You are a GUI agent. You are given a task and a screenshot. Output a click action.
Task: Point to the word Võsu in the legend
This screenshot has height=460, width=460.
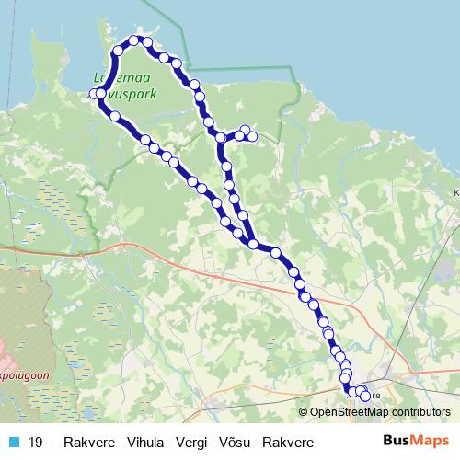(229, 443)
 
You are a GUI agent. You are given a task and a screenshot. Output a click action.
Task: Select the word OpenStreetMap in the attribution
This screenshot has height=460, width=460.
(352, 412)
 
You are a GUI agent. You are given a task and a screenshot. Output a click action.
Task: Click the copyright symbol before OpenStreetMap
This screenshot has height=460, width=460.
(305, 412)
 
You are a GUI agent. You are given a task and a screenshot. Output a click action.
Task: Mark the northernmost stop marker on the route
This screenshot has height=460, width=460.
(134, 40)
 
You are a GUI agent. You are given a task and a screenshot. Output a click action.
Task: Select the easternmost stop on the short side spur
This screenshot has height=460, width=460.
(252, 137)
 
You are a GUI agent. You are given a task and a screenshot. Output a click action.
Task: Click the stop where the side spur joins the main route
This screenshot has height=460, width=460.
(221, 138)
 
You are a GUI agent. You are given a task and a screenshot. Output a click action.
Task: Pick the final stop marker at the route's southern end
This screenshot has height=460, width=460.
(364, 397)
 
